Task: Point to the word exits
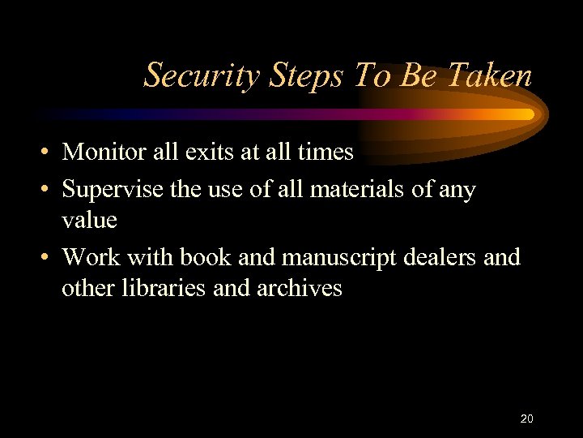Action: (x=223, y=152)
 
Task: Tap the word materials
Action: (x=345, y=190)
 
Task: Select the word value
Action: (x=90, y=220)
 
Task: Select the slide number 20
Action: (x=526, y=419)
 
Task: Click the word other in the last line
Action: (x=87, y=288)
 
